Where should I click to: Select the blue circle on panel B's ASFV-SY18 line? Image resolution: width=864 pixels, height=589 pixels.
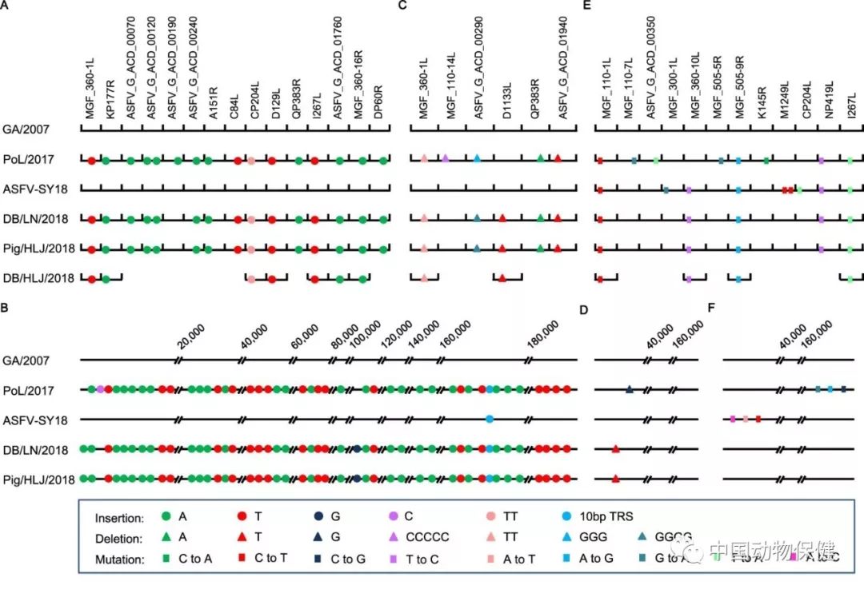[x=489, y=419]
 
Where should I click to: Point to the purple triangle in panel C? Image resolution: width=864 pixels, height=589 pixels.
[x=446, y=159]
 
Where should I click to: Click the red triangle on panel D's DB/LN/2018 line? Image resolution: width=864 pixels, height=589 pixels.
[x=615, y=449]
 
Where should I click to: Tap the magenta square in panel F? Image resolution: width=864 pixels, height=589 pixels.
[x=733, y=419]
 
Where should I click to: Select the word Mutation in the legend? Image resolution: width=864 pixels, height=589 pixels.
[x=119, y=559]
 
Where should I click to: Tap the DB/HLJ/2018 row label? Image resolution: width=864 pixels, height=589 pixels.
[x=38, y=279]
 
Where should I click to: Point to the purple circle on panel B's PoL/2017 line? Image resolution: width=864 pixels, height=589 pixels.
[x=100, y=389]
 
